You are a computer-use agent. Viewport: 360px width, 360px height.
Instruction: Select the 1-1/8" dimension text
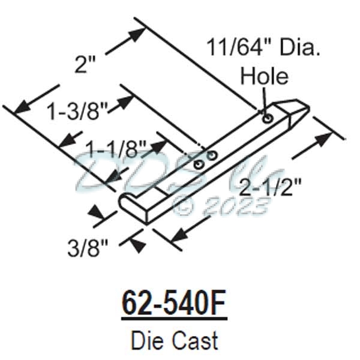click(x=116, y=147)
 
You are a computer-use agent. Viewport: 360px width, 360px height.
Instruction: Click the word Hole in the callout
click(x=264, y=76)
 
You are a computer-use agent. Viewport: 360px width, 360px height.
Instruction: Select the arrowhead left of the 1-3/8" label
click(x=22, y=107)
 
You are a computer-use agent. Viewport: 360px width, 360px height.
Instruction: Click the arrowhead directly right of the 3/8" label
click(x=137, y=244)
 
